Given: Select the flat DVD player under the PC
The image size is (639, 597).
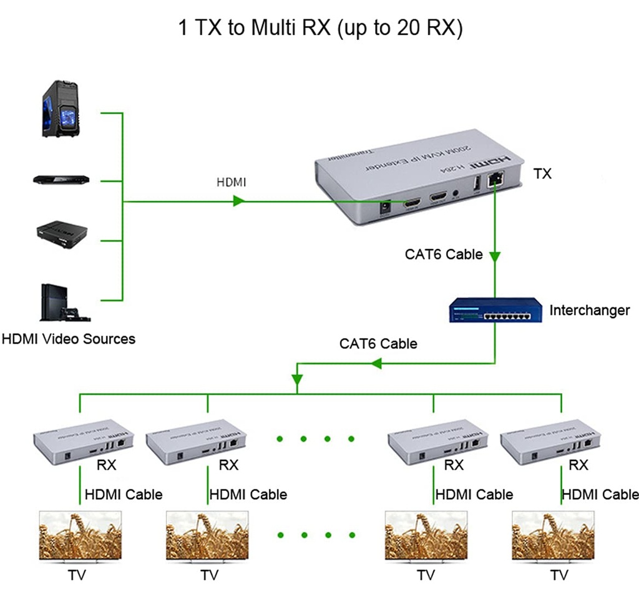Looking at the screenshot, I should pos(61,179).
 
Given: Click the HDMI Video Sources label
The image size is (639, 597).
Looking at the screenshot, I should pos(69,339).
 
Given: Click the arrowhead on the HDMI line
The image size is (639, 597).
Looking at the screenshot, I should pos(238,201).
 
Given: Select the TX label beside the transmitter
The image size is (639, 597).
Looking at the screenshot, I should pos(542,174).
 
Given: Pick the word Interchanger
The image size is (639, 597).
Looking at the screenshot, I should pos(589,310).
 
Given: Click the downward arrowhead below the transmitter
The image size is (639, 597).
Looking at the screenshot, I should pos(495,256).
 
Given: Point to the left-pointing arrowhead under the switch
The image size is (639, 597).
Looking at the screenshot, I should pos(376,363).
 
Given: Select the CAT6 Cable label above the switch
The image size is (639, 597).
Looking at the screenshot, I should pos(444,254).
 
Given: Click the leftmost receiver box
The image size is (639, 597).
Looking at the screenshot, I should pos(81,440).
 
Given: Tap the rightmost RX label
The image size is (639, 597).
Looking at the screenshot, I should pos(578,465).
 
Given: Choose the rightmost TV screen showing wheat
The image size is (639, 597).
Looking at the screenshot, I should pos(552,536).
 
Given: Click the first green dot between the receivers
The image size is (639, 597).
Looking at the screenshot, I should pos(280,439).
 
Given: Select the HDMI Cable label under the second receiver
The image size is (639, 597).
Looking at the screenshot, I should pos(248,495).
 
